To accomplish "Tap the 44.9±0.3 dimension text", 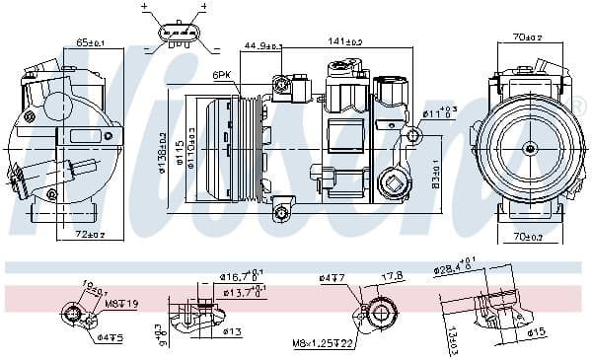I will click(262, 46).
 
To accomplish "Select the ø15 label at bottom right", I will click(535, 331).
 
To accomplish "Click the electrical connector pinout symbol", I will click(176, 31).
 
